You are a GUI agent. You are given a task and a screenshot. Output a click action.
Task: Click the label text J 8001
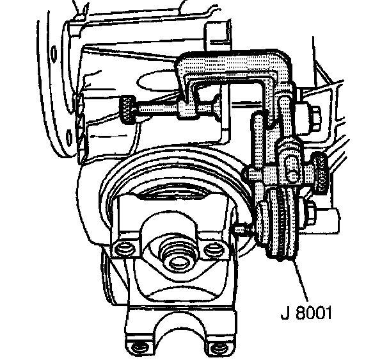[308, 315]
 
